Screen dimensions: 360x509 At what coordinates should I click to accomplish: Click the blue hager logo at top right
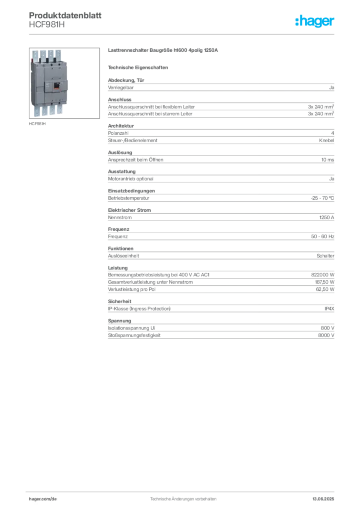(x=316, y=22)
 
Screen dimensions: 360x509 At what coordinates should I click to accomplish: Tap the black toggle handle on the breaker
(x=56, y=85)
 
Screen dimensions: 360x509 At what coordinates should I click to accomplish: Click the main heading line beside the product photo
(x=163, y=51)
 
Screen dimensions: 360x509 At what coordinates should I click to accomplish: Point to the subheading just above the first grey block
(x=139, y=67)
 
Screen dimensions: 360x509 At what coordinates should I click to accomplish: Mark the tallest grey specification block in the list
(x=220, y=279)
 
